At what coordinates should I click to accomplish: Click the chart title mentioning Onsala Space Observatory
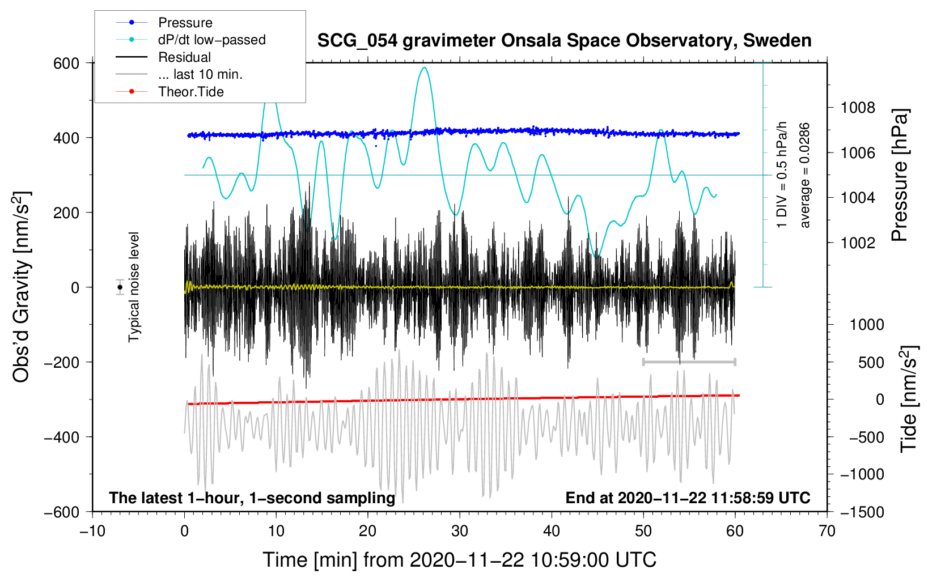pos(564,41)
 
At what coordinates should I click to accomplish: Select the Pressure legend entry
pos(185,23)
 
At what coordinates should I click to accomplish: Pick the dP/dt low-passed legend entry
pos(211,40)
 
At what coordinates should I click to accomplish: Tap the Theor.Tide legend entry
pos(190,92)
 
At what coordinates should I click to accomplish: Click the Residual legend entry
pos(184,57)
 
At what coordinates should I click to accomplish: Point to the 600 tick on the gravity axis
pos(66,63)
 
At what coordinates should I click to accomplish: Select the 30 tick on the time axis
pos(460,531)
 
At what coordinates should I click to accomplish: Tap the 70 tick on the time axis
pos(827,531)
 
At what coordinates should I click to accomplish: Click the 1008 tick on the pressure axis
pos(858,108)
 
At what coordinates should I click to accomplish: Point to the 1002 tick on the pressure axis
pos(858,243)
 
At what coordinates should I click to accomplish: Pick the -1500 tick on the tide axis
pos(862,512)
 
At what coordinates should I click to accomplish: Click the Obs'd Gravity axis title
pos(22,287)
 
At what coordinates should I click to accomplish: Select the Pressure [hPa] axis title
pos(900,176)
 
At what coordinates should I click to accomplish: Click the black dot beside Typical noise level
pos(120,287)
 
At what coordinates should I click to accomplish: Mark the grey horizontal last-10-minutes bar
pos(689,362)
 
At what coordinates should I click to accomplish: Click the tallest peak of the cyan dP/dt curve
pos(424,67)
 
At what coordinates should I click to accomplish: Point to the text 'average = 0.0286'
pos(805,175)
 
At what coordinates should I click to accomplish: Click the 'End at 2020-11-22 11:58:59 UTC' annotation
pos(688,498)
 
